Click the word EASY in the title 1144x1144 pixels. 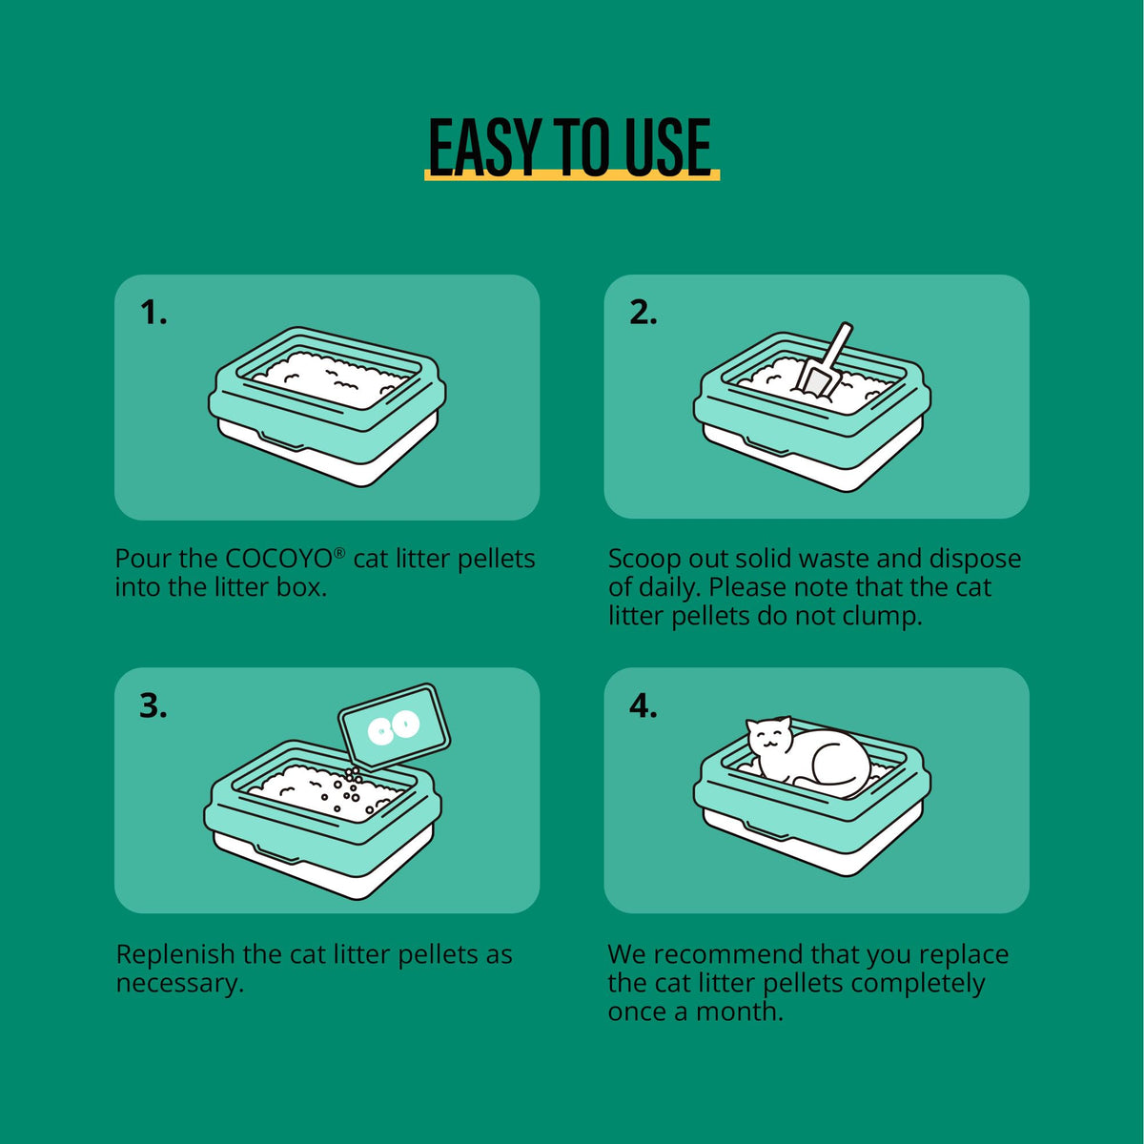(484, 147)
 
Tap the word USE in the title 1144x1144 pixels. (668, 147)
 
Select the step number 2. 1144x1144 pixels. (643, 313)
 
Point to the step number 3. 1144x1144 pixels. (153, 706)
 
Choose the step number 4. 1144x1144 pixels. (643, 706)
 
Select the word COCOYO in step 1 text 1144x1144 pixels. (278, 559)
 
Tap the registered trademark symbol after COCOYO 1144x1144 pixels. (339, 552)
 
